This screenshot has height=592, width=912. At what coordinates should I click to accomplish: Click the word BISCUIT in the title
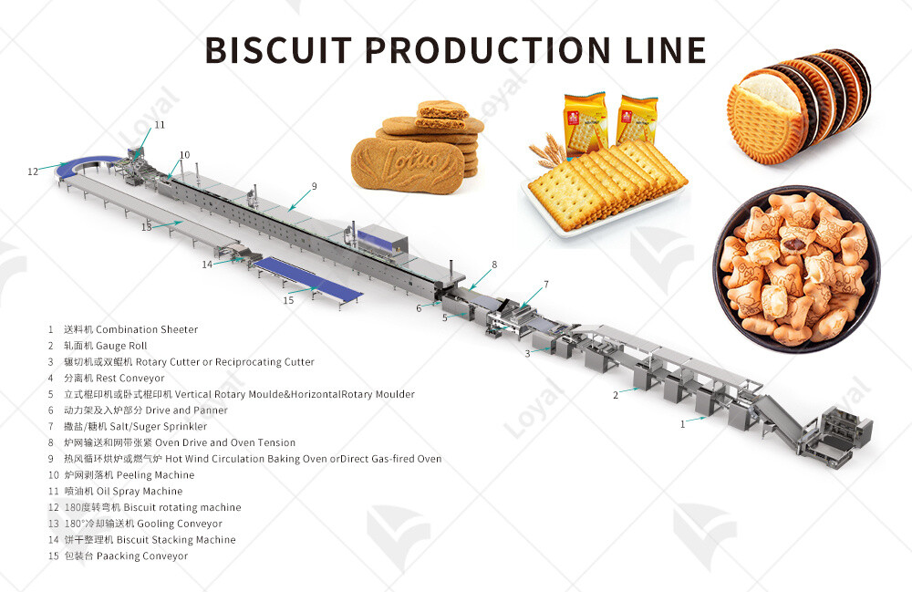[278, 50]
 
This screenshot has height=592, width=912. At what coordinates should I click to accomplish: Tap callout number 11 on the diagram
[160, 124]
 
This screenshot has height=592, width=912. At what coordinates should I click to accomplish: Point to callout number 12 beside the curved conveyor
[33, 171]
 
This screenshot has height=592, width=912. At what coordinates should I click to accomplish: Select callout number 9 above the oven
[314, 186]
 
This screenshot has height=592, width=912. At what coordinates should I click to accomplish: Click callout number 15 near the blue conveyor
[288, 300]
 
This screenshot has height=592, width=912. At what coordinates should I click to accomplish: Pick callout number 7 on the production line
[545, 285]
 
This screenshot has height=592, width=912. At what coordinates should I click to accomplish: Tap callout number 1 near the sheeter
[683, 424]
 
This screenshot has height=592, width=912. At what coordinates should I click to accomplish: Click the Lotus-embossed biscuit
[408, 163]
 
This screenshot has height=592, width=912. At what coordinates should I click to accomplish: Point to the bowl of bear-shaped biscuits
[796, 269]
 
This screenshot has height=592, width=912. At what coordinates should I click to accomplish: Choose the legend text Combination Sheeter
[147, 329]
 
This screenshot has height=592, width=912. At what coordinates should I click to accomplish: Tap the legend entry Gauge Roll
[121, 346]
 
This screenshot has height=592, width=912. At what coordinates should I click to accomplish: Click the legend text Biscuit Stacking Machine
[176, 540]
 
